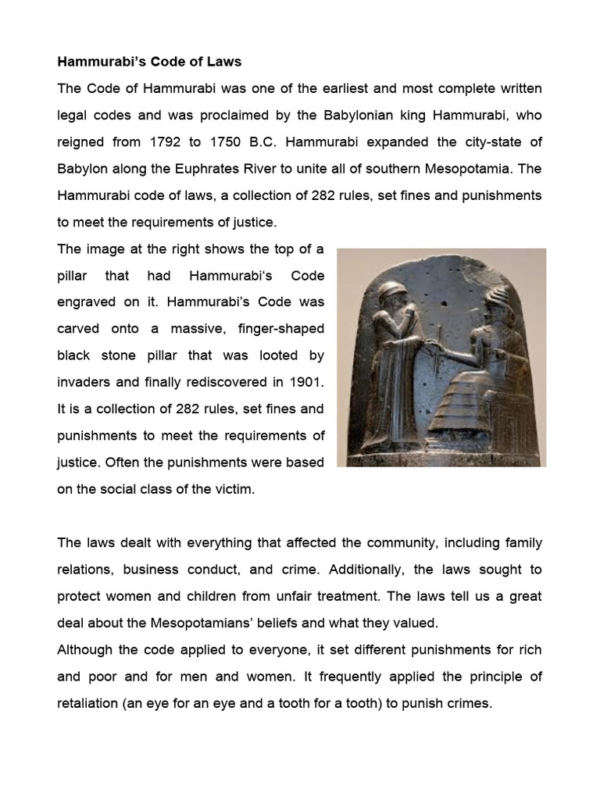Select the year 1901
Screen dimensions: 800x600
pyautogui.click(x=305, y=381)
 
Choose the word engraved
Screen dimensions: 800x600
pyautogui.click(x=86, y=302)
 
